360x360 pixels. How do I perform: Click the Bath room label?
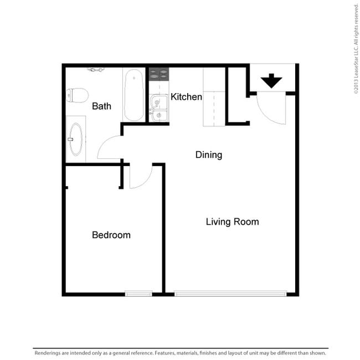[101, 106]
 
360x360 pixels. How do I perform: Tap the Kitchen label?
[186, 97]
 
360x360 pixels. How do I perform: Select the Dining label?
[208, 155]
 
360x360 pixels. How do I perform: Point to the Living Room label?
[232, 222]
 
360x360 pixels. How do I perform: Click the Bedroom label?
[111, 235]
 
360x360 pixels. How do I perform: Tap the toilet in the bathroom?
[78, 95]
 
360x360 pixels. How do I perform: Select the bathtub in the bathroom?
[133, 94]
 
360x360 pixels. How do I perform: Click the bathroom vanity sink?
[76, 139]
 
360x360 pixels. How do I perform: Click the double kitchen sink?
[159, 108]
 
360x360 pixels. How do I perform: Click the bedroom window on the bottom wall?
[138, 294]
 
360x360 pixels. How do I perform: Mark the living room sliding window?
[230, 294]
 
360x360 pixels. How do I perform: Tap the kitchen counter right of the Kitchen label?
[214, 97]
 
